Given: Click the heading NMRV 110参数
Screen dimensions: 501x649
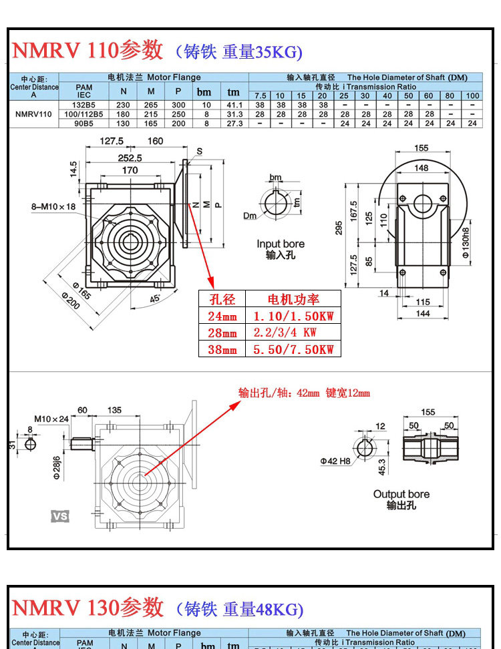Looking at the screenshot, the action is tap(88, 50).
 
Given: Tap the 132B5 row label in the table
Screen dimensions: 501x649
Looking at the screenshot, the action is tap(83, 105).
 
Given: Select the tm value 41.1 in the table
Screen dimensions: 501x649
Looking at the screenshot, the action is tap(233, 105).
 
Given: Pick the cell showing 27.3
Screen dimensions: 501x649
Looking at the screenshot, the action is tap(233, 123).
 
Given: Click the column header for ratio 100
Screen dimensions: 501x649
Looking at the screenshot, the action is tap(472, 95).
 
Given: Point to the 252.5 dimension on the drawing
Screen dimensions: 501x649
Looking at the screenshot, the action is tap(130, 158).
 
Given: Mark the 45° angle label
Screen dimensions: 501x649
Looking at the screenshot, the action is tap(156, 298).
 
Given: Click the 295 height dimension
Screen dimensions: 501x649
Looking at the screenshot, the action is tap(339, 229).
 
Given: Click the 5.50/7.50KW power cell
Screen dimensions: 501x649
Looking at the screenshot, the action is tap(293, 349).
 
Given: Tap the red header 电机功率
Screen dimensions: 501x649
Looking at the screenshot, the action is tap(293, 298).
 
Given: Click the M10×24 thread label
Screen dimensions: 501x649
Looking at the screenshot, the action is tap(51, 419).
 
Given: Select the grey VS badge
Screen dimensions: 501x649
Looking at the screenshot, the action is tap(60, 516).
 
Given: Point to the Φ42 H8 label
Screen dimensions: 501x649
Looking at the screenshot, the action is tap(336, 461).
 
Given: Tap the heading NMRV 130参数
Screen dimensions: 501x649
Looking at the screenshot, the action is tap(88, 608).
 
